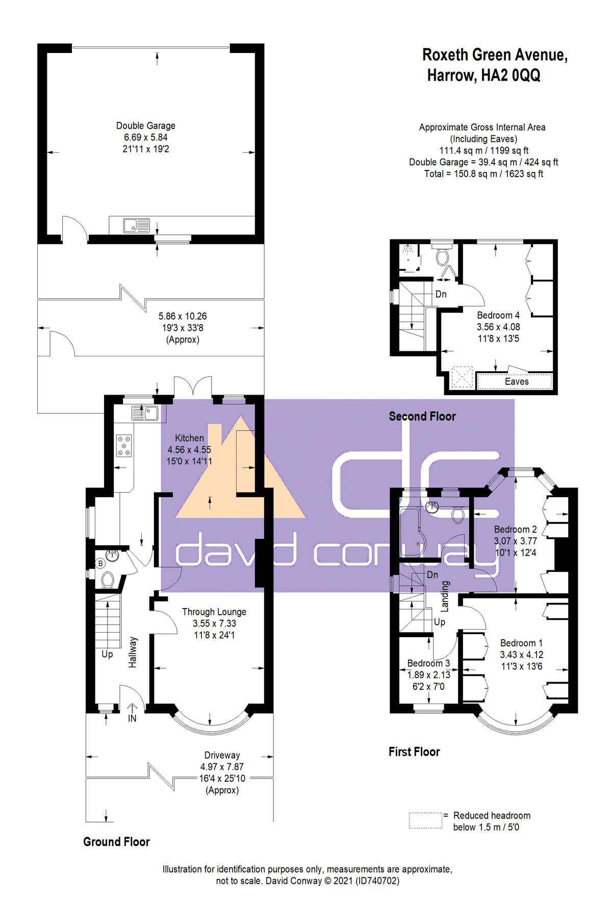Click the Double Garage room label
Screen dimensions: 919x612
[x=145, y=126]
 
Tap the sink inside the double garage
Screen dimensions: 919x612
[x=136, y=225]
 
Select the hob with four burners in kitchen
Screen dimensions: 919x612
[x=124, y=445]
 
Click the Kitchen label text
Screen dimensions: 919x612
[x=189, y=438]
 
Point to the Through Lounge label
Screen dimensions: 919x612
[x=214, y=612]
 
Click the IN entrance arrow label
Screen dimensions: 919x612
[x=132, y=718]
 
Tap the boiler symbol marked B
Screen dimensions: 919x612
[x=100, y=564]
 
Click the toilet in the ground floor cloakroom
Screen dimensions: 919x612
[x=107, y=579]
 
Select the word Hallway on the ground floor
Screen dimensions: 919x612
[x=133, y=652]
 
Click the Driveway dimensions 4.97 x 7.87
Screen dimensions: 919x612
[x=222, y=767]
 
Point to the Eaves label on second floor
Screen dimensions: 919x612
[x=517, y=381]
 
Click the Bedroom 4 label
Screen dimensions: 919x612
[x=498, y=315]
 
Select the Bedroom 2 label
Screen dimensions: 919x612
[x=515, y=529]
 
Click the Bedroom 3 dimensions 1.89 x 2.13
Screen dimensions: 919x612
[x=428, y=675]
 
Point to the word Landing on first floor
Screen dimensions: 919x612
[x=445, y=596]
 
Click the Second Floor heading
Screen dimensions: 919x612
[x=422, y=416]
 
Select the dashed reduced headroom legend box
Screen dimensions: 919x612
[x=425, y=820]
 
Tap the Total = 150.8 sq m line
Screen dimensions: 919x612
[x=483, y=174]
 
